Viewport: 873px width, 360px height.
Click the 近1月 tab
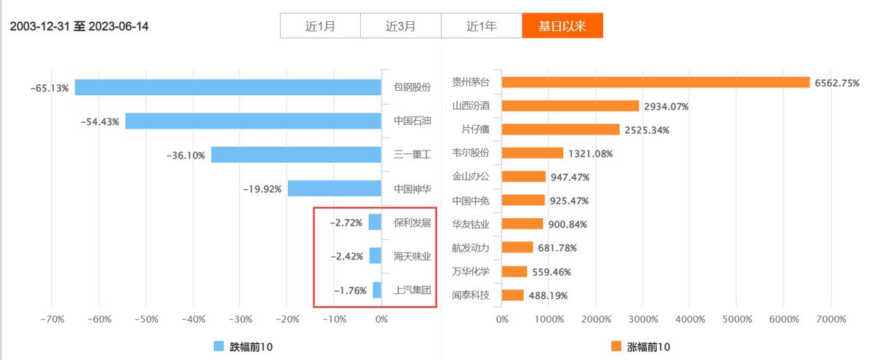(320, 26)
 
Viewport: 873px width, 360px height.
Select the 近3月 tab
(401, 26)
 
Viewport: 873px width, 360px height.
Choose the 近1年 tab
(482, 26)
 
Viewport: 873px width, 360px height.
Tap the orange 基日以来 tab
(562, 26)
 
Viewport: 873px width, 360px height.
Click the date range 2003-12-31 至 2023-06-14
(79, 27)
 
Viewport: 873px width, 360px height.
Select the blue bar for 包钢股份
(228, 87)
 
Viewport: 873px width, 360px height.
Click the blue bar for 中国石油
(253, 121)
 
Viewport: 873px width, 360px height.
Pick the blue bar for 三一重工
(296, 154)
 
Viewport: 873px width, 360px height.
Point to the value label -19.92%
(262, 189)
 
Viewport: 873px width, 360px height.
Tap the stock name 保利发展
(412, 223)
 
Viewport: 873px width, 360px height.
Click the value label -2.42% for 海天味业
(346, 256)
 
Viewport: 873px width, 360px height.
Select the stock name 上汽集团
(412, 289)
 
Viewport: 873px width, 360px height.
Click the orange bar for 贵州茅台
(655, 82)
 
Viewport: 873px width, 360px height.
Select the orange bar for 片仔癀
(560, 129)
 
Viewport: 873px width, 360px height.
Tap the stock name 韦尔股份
(471, 153)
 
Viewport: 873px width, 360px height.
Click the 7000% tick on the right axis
(832, 319)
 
